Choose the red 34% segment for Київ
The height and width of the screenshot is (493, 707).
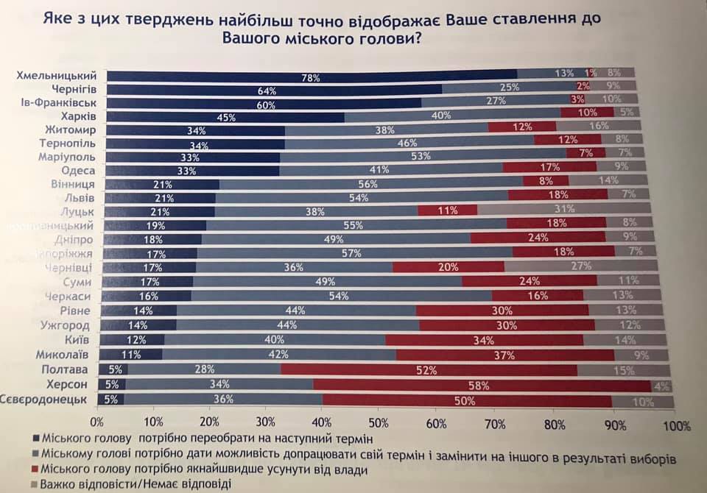coord(484,340)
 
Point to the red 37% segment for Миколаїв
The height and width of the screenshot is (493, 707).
coord(503,354)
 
